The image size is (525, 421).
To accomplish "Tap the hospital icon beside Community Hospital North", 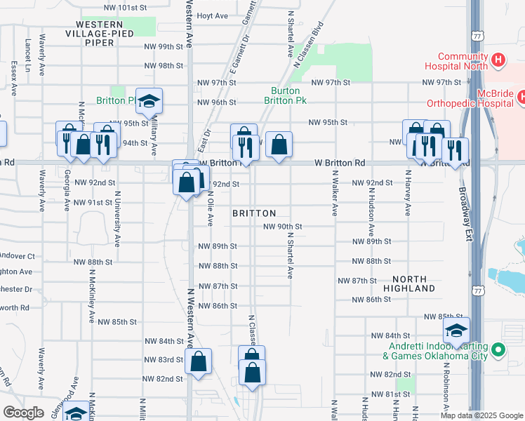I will (498, 61).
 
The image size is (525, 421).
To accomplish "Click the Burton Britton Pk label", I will (286, 95).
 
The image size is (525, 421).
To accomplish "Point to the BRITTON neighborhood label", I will (253, 213).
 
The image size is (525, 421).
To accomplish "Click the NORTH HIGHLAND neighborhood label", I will (409, 283).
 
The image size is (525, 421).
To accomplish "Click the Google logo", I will (24, 412).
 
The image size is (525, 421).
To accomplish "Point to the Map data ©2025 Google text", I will (481, 415).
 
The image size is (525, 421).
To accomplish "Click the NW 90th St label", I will (282, 227).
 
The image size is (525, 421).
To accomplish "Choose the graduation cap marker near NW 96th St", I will (149, 102).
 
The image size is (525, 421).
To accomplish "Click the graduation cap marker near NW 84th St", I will (457, 332).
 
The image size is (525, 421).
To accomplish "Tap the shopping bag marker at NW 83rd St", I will (199, 361).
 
